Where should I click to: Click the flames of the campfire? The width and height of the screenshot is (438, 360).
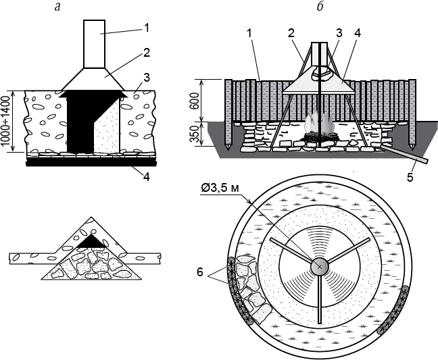[318, 126]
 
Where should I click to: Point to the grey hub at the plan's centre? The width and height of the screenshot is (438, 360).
[319, 267]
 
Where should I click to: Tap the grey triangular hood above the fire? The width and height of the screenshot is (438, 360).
[318, 85]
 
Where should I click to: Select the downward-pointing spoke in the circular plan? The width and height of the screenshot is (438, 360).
[319, 297]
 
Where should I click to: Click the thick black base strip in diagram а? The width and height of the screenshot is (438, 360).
[91, 162]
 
